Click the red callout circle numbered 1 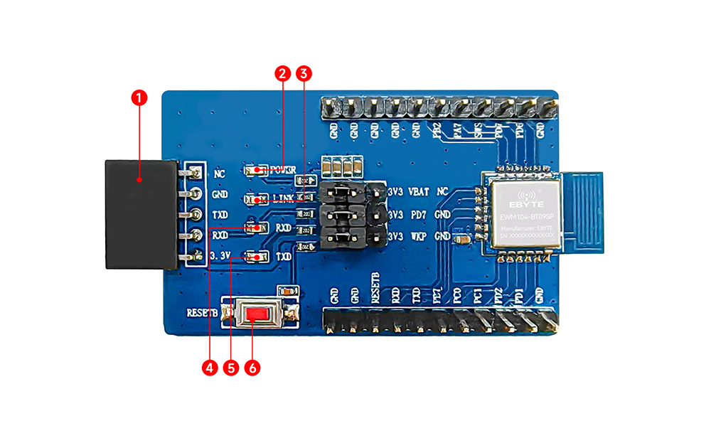[x=139, y=97]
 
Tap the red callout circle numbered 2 [x=282, y=73]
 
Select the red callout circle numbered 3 [x=304, y=73]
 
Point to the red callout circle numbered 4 [x=209, y=367]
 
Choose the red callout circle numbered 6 [x=252, y=367]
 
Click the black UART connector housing [x=139, y=213]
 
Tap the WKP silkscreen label [x=418, y=235]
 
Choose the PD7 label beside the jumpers [x=417, y=214]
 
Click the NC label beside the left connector [x=219, y=173]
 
